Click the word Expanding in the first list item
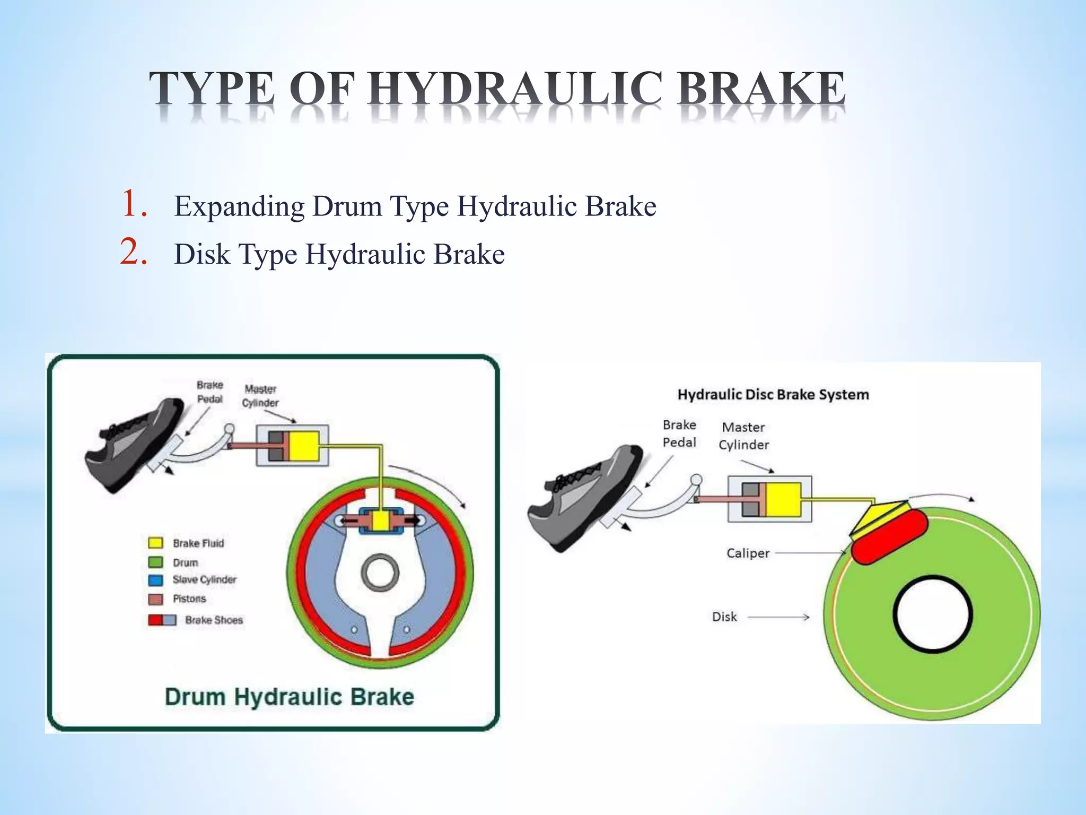pos(239,207)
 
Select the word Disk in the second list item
pos(202,255)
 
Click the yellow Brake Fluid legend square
pos(155,543)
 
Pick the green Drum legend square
pos(155,562)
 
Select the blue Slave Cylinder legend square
pos(155,580)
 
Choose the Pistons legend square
pos(155,599)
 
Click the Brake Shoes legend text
pos(214,620)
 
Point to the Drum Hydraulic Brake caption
pos(289,697)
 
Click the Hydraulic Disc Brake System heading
pos(773,395)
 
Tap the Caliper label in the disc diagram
pos(748,553)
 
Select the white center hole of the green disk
pos(933,614)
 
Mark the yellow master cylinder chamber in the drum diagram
pos(303,446)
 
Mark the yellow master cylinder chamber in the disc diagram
pos(783,499)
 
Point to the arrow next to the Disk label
pos(778,617)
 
